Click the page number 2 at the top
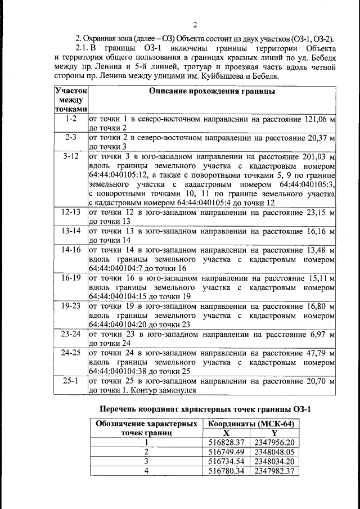click(196, 24)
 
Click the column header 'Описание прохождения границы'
click(212, 91)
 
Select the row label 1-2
click(71, 119)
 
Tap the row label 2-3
click(71, 137)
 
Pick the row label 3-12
click(71, 155)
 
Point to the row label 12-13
click(71, 212)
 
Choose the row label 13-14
click(71, 231)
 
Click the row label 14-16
click(71, 249)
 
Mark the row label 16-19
click(71, 277)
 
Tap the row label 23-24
click(71, 334)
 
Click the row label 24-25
click(71, 353)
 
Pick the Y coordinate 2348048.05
click(274, 452)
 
